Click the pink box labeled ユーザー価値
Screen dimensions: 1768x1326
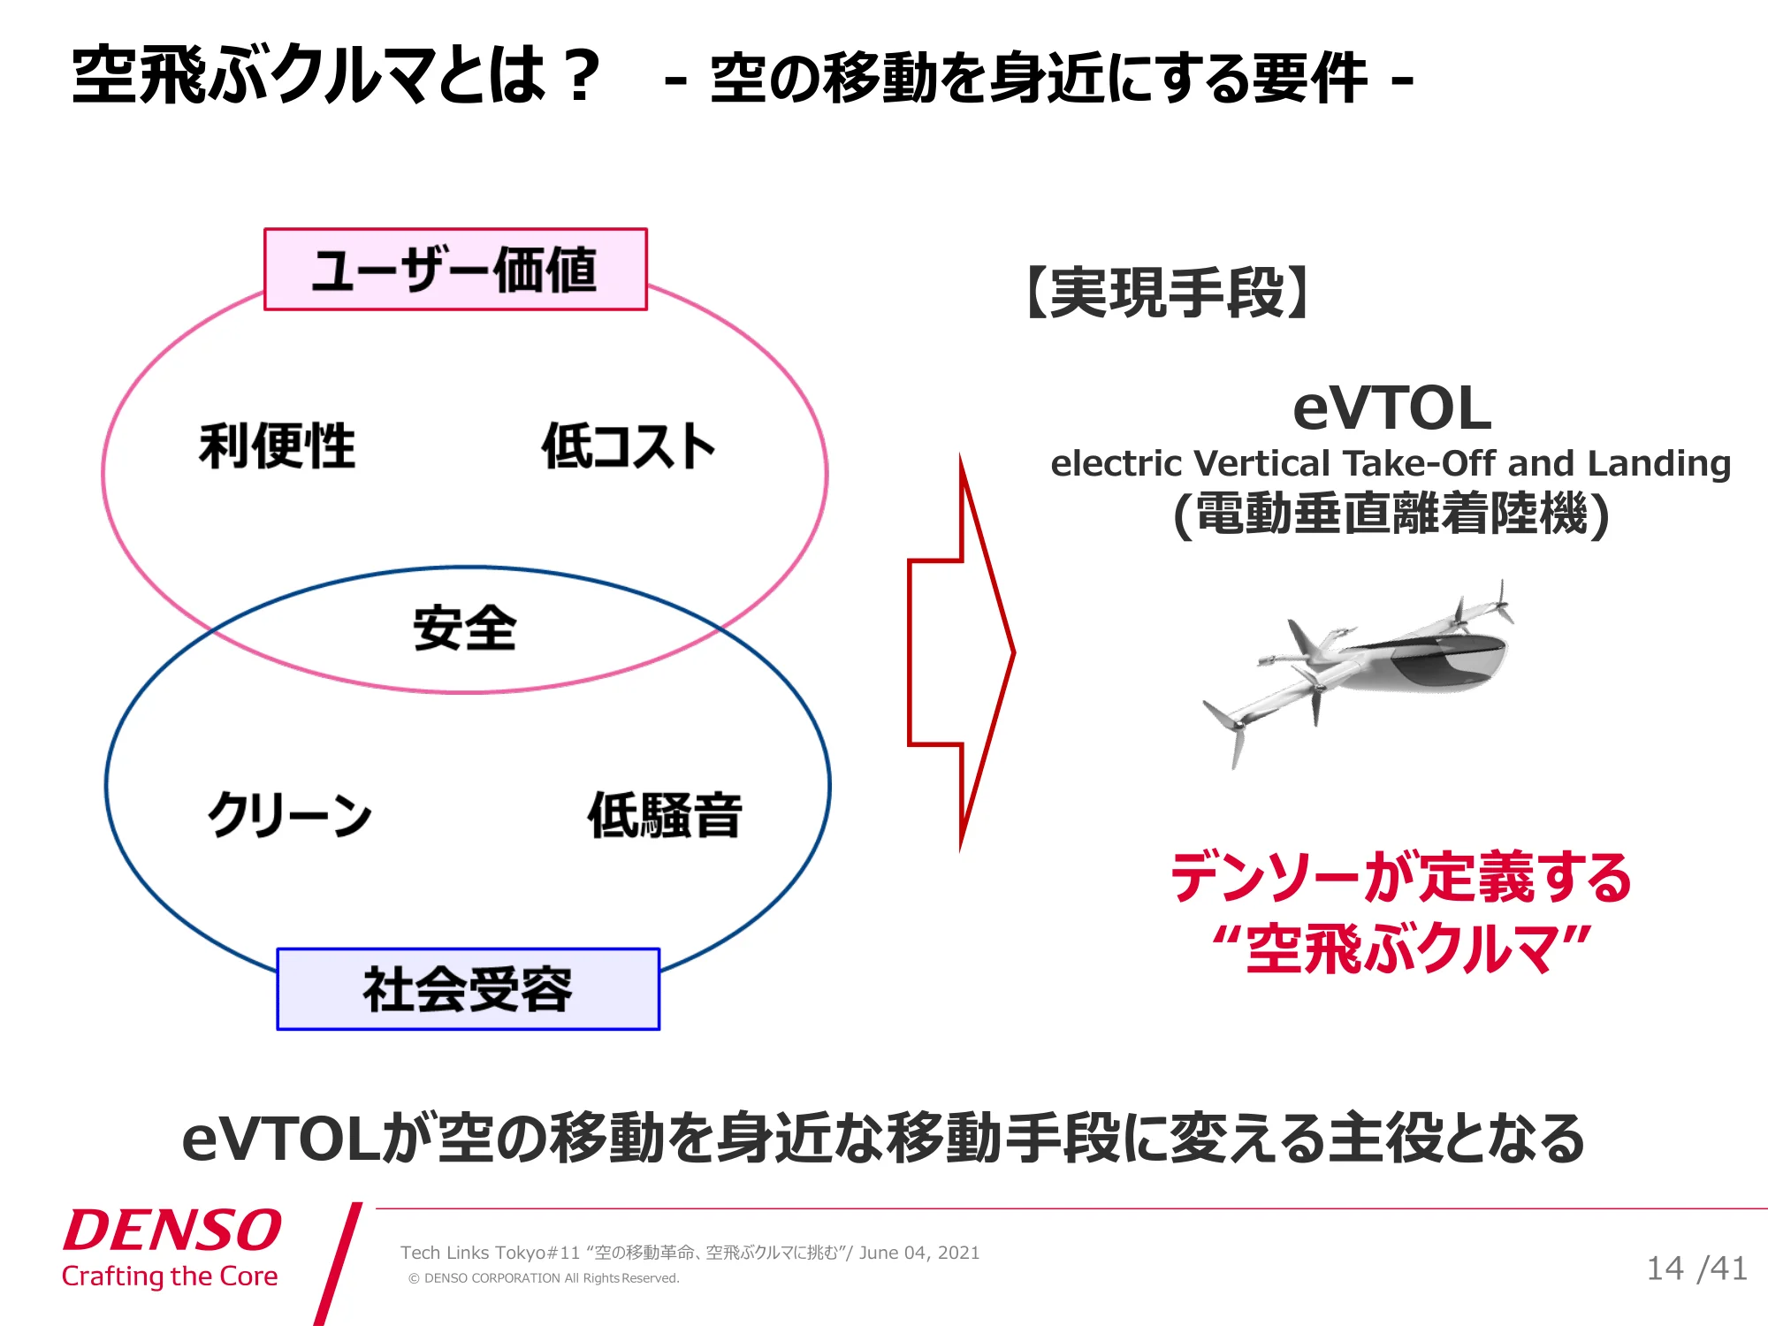pos(455,270)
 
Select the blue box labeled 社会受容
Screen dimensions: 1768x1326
pos(469,989)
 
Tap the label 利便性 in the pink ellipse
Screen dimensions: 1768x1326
pos(277,446)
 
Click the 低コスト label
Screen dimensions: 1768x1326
pos(628,446)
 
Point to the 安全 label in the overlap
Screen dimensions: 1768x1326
pos(465,629)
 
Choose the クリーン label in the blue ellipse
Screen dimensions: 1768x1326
pos(289,814)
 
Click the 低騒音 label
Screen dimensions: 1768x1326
pos(665,814)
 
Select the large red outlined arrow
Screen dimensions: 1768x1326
pos(962,652)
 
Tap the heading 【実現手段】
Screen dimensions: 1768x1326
pos(1168,293)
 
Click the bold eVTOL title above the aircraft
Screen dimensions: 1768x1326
pos(1392,408)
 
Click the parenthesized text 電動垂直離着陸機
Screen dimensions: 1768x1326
pos(1391,514)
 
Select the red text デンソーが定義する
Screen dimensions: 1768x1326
pos(1402,877)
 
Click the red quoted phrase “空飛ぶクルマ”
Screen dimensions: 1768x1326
pos(1402,949)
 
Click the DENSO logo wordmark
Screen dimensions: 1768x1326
pos(171,1230)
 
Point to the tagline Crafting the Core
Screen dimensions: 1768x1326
pos(170,1276)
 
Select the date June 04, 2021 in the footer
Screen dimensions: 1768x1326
pos(919,1253)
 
